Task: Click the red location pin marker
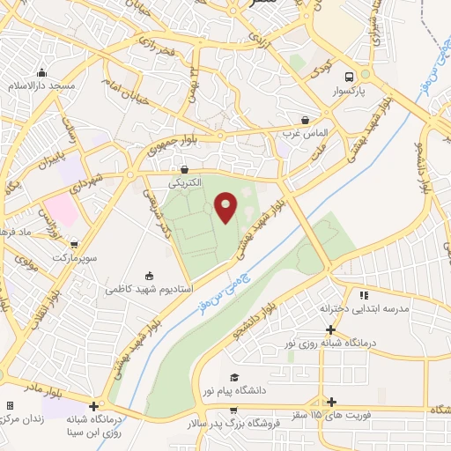pyautogui.click(x=225, y=207)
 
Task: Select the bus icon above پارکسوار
pyautogui.click(x=351, y=77)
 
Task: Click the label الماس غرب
pyautogui.click(x=305, y=133)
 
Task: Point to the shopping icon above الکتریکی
pyautogui.click(x=184, y=169)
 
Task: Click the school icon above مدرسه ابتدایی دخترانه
pyautogui.click(x=363, y=295)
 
